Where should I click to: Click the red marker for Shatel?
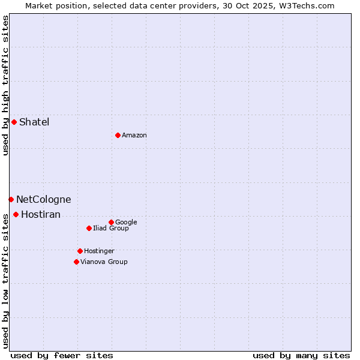(14, 122)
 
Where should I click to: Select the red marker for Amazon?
(118, 135)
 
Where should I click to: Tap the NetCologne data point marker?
(11, 199)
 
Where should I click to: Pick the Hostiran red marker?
(16, 214)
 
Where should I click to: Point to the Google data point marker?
(111, 222)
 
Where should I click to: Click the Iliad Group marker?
(89, 228)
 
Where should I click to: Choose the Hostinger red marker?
(80, 251)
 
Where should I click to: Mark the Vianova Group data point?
(76, 262)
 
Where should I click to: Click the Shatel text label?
(34, 122)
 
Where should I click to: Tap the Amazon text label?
(134, 136)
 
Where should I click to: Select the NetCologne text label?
(43, 200)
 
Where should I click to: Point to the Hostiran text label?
(41, 215)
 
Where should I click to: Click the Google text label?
(126, 223)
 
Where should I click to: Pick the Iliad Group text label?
(111, 229)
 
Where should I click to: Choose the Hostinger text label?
(99, 251)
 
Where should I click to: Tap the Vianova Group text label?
(104, 262)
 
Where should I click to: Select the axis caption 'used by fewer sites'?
(62, 355)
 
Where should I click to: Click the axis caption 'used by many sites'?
(301, 355)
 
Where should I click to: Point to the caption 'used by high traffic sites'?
(5, 85)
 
